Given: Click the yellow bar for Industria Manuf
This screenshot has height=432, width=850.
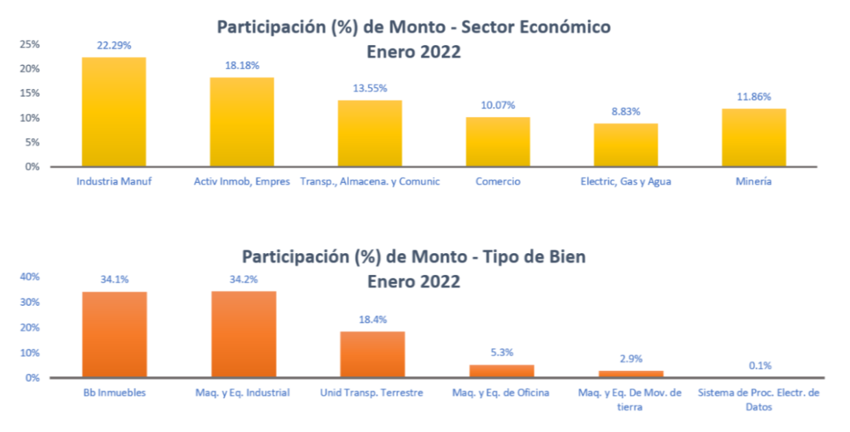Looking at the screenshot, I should point(114,112).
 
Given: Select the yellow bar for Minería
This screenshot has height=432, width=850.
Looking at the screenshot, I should point(753,137).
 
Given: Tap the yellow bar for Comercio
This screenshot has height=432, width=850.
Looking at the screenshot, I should point(498,142).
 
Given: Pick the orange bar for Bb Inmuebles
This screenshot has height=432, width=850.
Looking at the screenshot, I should point(114,335).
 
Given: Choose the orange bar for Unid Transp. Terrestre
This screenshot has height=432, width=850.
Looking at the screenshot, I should point(372,355).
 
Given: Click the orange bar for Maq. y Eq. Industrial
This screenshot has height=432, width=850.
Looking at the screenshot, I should point(243,335).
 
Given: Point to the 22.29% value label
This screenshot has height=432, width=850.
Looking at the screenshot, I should point(114,45).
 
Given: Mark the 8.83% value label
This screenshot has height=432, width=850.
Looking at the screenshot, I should point(625,111).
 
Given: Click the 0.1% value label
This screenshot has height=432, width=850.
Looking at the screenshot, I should point(758,365).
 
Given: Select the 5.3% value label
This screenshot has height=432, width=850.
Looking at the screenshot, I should point(501,352).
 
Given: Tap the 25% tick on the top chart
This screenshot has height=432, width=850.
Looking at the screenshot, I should point(29,45).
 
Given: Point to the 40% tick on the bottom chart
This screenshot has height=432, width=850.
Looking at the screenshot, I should point(29,277).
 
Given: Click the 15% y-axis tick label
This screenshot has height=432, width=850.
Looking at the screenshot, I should point(29,93).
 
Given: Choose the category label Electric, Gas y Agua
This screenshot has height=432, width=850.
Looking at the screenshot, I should point(625,182).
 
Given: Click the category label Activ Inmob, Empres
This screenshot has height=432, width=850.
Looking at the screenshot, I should point(242,182).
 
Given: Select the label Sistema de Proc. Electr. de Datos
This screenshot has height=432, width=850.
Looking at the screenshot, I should point(758,400).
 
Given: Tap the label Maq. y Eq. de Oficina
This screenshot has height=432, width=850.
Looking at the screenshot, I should point(500,393).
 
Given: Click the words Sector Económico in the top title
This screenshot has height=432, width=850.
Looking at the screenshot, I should point(535,27).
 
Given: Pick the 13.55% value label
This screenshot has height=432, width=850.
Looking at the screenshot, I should point(369,88).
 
